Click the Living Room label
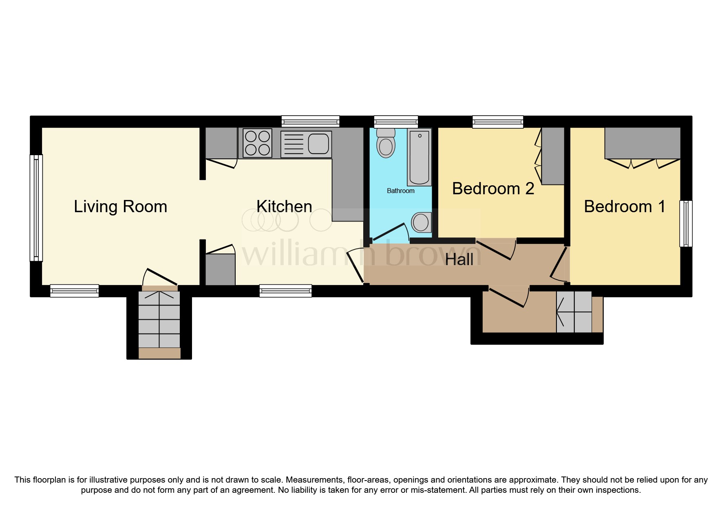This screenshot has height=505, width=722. pyautogui.click(x=120, y=206)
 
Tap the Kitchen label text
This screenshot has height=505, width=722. pyautogui.click(x=284, y=206)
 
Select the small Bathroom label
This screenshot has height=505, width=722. pyautogui.click(x=400, y=191)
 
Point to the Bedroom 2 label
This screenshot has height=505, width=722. pyautogui.click(x=493, y=189)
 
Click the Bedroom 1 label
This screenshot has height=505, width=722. pyautogui.click(x=624, y=206)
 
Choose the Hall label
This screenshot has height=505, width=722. pyautogui.click(x=459, y=259)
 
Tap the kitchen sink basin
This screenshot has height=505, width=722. pyautogui.click(x=318, y=143)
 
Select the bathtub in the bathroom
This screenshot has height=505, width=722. pyautogui.click(x=419, y=157)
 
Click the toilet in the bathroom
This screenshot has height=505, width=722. pyautogui.click(x=386, y=143)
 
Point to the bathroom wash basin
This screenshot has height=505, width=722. pyautogui.click(x=421, y=222)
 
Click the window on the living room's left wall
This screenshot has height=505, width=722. pyautogui.click(x=36, y=208)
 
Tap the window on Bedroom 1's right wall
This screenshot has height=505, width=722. pyautogui.click(x=686, y=224)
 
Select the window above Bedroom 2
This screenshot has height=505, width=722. pyautogui.click(x=497, y=122)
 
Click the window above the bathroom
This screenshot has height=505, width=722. pyautogui.click(x=396, y=122)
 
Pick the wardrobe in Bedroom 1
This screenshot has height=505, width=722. pyautogui.click(x=642, y=143)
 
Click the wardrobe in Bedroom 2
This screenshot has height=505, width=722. pyautogui.click(x=553, y=156)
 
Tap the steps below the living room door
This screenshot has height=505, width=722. pyautogui.click(x=159, y=320)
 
